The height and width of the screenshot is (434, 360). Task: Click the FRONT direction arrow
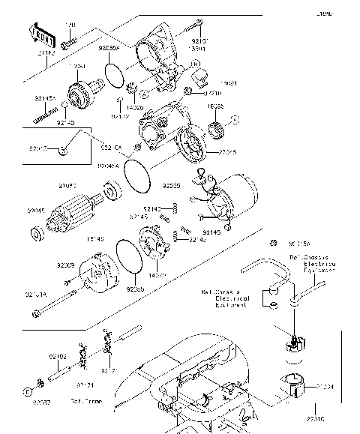(x=42, y=34)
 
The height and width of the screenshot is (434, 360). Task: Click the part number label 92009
(x=64, y=265)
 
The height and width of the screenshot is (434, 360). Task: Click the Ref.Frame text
(x=86, y=402)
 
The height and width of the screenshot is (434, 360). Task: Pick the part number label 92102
(x=58, y=357)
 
